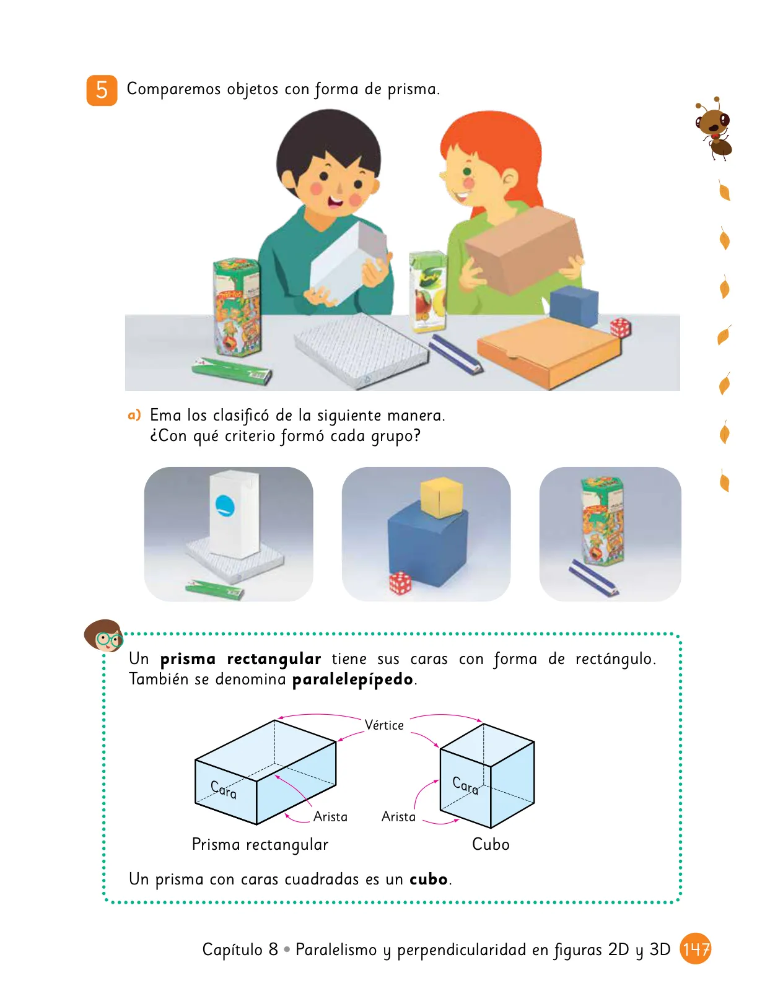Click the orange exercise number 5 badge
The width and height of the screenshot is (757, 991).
pyautogui.click(x=102, y=90)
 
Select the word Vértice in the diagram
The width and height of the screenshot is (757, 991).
pyautogui.click(x=384, y=725)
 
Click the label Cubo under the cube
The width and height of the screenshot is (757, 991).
pyautogui.click(x=491, y=844)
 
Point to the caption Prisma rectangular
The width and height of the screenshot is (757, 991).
pyautogui.click(x=260, y=845)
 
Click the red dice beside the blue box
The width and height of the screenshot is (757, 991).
pyautogui.click(x=400, y=582)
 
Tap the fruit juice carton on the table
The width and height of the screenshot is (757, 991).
pyautogui.click(x=427, y=291)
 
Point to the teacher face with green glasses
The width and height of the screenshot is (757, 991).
pyautogui.click(x=104, y=635)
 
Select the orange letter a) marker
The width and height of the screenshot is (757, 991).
pyautogui.click(x=134, y=415)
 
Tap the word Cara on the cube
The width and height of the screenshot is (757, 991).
pyautogui.click(x=465, y=785)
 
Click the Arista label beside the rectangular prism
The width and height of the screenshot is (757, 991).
pyautogui.click(x=330, y=817)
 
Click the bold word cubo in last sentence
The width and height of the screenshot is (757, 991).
pyautogui.click(x=429, y=879)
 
